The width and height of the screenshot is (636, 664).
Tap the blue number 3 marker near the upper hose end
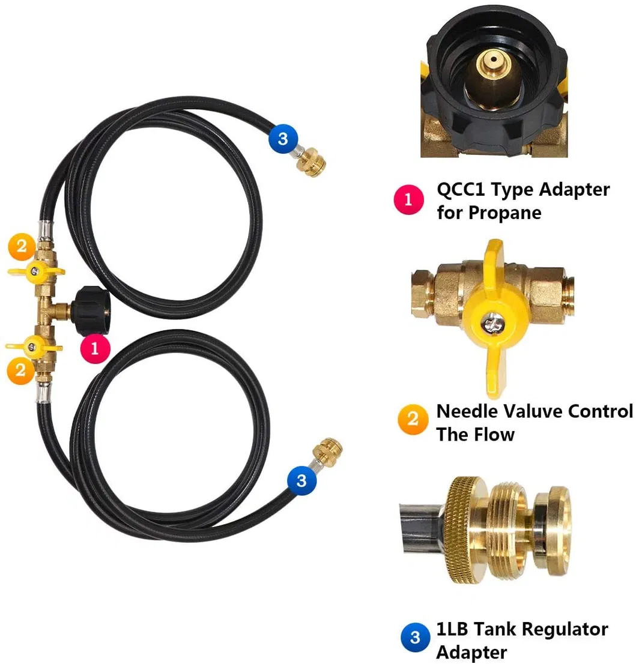click(283, 138)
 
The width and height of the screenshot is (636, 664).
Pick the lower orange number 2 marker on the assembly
click(20, 370)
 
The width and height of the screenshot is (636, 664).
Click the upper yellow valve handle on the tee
click(36, 272)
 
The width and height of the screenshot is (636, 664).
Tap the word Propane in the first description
click(506, 213)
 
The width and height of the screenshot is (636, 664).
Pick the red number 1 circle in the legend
click(408, 200)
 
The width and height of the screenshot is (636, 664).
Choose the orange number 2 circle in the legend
click(413, 419)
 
